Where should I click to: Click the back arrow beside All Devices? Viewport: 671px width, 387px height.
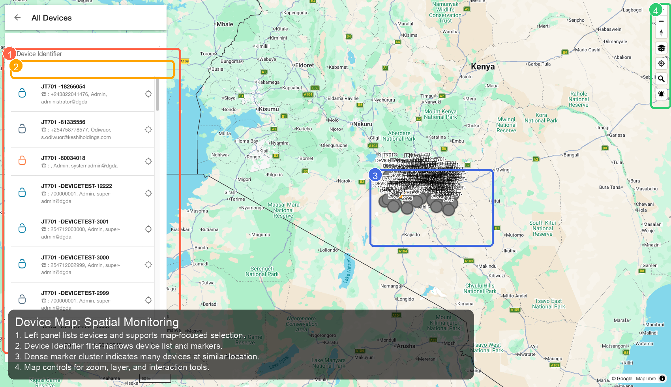coord(17,17)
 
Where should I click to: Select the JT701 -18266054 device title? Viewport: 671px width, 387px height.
coord(63,86)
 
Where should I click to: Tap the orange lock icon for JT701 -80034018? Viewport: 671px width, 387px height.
coord(22,160)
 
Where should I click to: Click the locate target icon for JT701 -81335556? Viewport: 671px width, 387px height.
coord(148,130)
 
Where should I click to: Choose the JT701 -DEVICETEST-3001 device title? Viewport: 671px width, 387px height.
coord(75,222)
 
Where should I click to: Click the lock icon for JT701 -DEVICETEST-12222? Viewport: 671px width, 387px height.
coord(22,192)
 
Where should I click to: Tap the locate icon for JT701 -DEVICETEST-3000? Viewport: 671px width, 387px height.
coord(148,265)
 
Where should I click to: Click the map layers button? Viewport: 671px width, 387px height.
coord(661,48)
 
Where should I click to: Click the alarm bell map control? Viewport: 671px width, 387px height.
coord(661,94)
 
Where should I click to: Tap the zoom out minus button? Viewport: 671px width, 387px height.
coord(661,21)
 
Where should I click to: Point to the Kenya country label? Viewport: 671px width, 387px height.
coord(483,67)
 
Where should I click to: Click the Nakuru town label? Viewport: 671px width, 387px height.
coord(363,124)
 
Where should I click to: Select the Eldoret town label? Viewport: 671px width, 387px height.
coord(304,65)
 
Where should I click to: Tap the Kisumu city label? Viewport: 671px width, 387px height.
coord(269,109)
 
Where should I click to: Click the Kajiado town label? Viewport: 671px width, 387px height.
coord(412,235)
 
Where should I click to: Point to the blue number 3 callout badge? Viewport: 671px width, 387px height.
coord(375,176)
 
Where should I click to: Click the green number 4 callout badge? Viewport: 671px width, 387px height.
coord(656,11)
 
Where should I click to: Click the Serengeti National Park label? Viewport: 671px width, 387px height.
coord(262,271)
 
